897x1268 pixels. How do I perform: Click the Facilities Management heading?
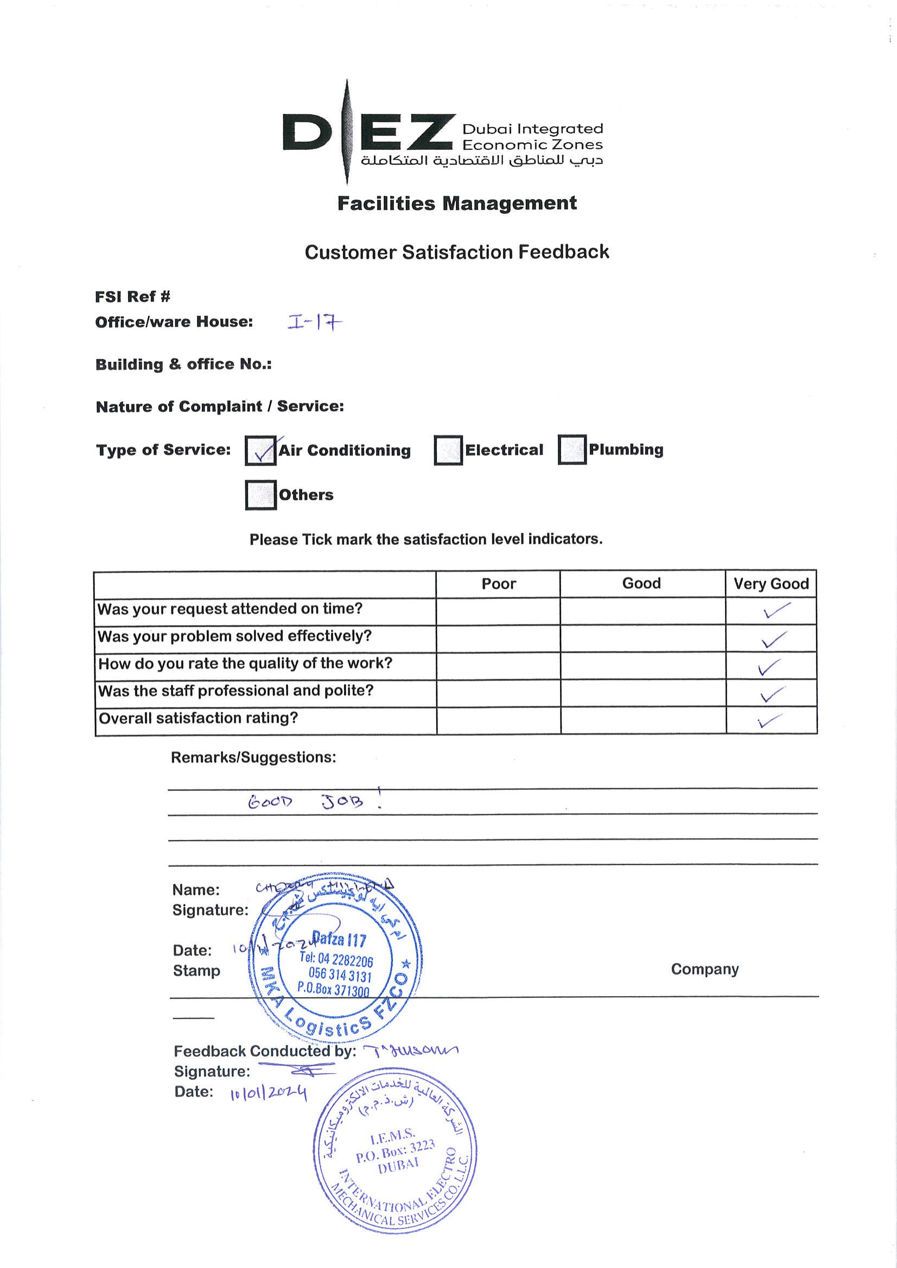pos(457,203)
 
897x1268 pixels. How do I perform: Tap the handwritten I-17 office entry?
pos(314,322)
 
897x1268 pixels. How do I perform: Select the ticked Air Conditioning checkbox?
pos(260,451)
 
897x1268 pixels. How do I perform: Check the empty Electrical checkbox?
pos(448,450)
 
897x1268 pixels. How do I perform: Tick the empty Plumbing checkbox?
pos(571,450)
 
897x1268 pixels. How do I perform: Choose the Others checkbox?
pos(260,495)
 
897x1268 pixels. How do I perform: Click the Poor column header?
pos(498,584)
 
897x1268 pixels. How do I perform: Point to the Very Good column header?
pos(771,584)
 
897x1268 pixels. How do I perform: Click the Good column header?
pos(641,583)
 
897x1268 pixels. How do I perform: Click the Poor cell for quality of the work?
pos(498,666)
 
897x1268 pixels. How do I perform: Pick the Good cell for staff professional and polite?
pos(643,692)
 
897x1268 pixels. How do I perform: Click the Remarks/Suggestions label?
pos(253,757)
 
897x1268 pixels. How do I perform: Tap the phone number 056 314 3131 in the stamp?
pos(340,976)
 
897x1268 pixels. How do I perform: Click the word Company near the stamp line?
pos(705,969)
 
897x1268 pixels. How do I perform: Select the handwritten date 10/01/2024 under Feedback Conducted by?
pos(269,1093)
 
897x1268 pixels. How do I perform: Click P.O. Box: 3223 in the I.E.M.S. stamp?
pos(395,1151)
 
